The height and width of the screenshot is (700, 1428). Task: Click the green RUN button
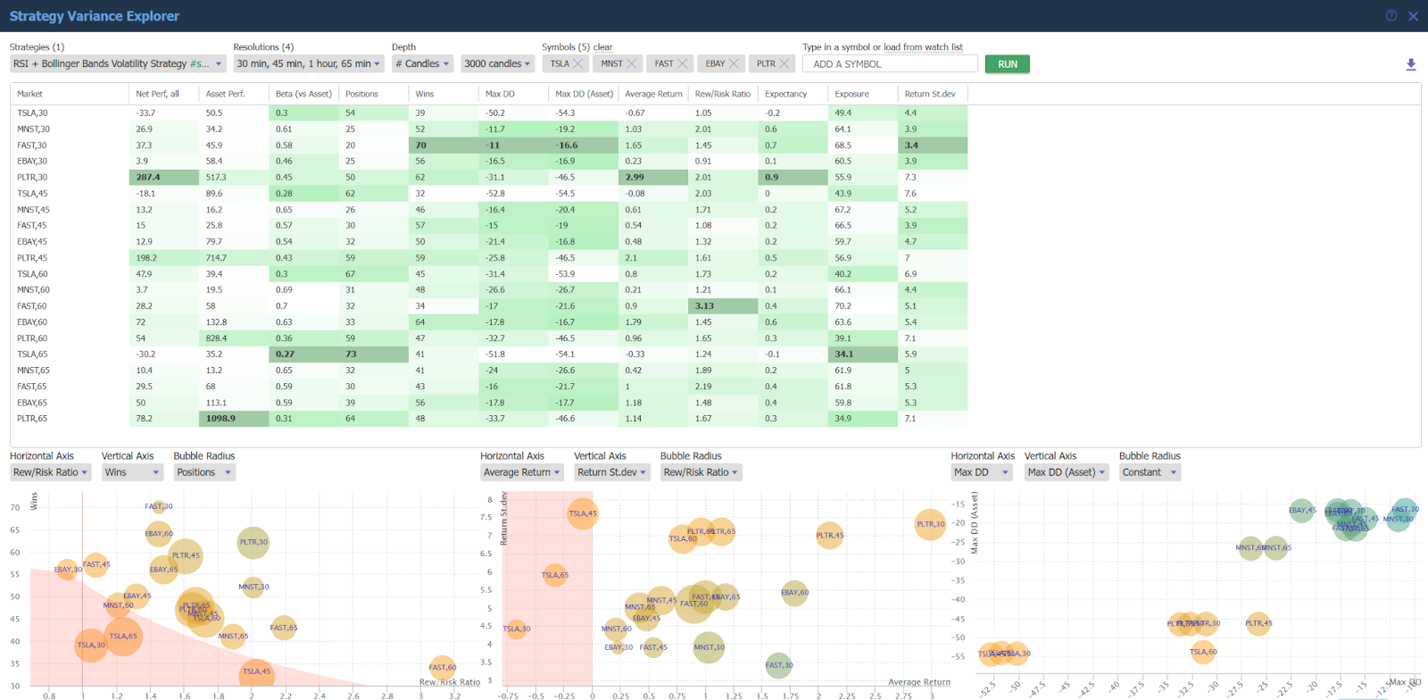[1007, 64]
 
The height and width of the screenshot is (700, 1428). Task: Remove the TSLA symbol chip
[578, 64]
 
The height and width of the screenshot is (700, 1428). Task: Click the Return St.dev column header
[929, 94]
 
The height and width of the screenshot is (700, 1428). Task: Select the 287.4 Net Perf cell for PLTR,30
[163, 178]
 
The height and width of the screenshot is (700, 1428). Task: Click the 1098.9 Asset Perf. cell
[233, 419]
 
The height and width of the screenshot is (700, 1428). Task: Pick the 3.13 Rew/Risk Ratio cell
[723, 306]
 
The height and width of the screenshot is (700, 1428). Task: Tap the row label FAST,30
[32, 146]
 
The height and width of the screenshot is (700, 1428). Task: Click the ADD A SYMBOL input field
[890, 64]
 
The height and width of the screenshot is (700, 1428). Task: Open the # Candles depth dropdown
[422, 64]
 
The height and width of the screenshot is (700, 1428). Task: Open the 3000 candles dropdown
[497, 64]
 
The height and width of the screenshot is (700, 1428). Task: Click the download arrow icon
[1411, 64]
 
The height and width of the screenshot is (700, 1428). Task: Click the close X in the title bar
[1413, 16]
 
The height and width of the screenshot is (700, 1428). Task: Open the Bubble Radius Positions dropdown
[203, 472]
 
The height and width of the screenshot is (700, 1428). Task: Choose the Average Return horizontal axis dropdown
[521, 472]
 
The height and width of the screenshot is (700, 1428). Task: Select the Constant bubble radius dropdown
[1149, 472]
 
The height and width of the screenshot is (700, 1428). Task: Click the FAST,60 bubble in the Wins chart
[442, 667]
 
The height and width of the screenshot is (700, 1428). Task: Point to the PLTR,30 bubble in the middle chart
[930, 524]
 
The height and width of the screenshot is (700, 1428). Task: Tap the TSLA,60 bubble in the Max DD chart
[1203, 652]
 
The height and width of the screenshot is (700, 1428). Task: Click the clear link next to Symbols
[603, 47]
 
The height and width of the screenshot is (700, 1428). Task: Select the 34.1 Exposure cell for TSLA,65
[862, 354]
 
